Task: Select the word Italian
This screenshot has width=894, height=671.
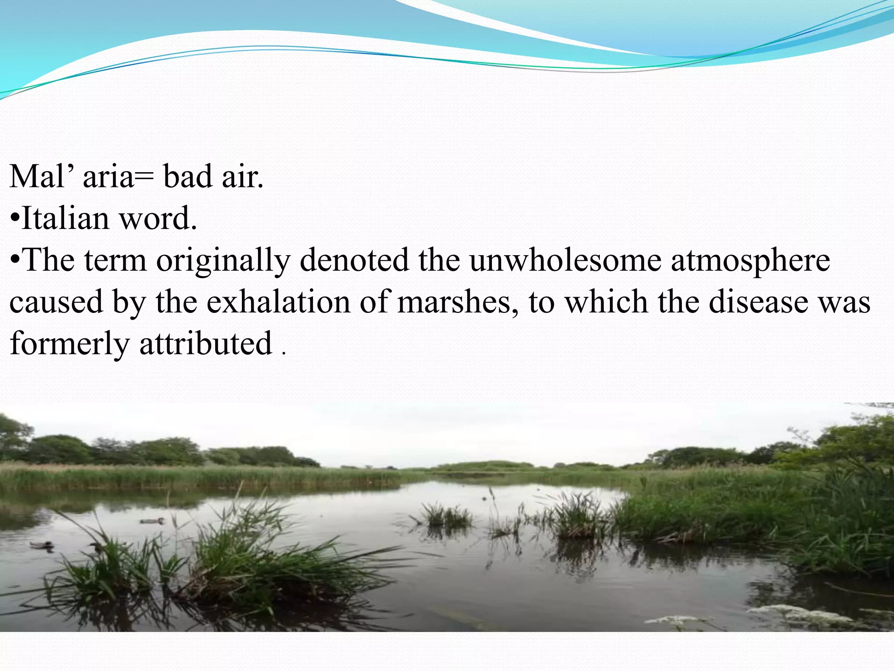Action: coord(65,218)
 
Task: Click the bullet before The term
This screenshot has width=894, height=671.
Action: coord(15,261)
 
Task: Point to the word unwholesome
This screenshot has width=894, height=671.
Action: coord(565,260)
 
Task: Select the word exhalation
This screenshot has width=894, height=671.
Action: coord(278,302)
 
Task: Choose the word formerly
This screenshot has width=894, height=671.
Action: coord(69,344)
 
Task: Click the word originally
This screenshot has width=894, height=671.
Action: coord(223,261)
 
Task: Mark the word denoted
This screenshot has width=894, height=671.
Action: coord(354,260)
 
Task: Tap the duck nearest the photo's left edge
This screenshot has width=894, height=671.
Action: coord(42,545)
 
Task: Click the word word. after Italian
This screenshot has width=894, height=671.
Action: coord(158,218)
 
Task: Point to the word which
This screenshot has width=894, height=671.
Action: coord(607,302)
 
